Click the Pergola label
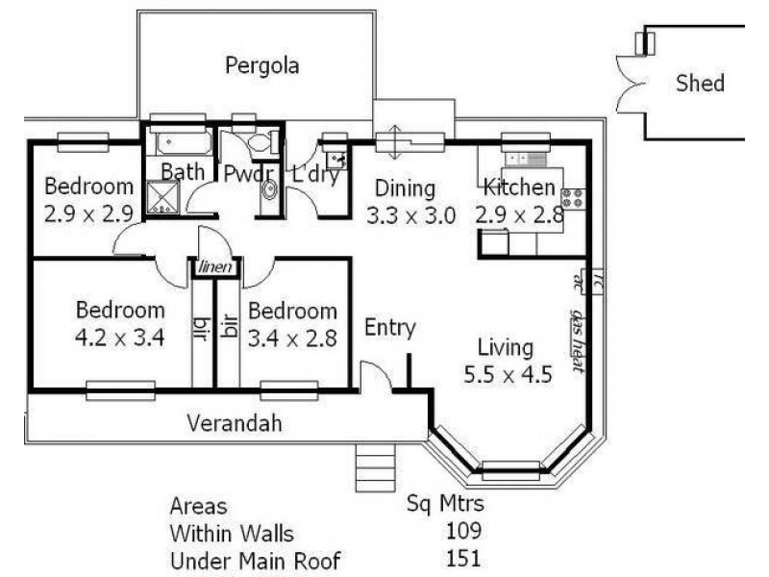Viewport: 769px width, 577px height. pos(262,65)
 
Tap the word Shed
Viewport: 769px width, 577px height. pos(699,83)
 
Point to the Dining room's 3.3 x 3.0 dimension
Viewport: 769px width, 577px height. pos(410,216)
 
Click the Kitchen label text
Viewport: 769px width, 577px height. pos(519,188)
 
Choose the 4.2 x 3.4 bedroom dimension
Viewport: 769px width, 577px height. pos(120,339)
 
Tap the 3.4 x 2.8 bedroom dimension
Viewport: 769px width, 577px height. pos(293,339)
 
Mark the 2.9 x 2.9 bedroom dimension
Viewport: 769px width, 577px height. pos(87,213)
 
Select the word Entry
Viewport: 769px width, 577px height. pos(390,328)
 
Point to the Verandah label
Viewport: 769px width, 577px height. pos(235,422)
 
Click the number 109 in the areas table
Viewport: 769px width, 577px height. pos(463,531)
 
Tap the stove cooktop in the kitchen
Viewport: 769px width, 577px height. pos(574,198)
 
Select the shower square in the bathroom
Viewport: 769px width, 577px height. pos(159,197)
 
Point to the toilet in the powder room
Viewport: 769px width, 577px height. pos(260,144)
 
